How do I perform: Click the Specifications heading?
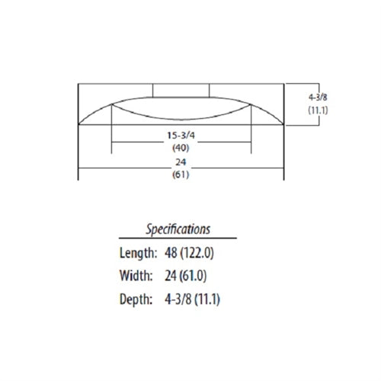click(178, 228)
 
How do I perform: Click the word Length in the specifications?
click(137, 252)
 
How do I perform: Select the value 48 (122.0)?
click(195, 252)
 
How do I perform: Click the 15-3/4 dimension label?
click(181, 135)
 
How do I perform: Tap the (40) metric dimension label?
click(181, 147)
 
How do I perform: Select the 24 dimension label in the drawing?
click(181, 162)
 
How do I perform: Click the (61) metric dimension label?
click(181, 174)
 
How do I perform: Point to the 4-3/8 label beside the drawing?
click(318, 98)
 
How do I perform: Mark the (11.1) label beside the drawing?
click(318, 110)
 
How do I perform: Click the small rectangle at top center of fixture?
click(181, 90)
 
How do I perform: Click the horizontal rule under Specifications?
click(178, 239)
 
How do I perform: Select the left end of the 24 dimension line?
click(80, 168)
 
